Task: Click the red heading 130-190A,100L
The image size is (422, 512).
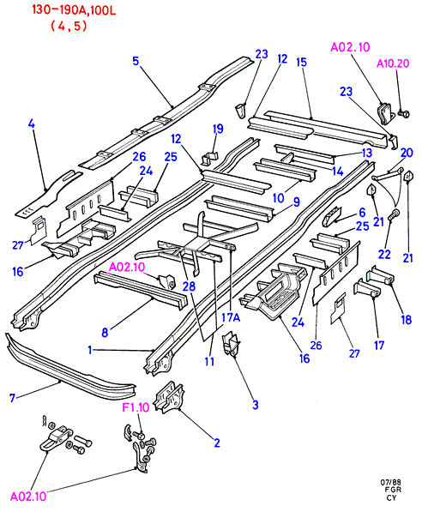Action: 74,10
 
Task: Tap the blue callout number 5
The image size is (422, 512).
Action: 136,61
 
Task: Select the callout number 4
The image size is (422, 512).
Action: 32,124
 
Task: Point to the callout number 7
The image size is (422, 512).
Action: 12,398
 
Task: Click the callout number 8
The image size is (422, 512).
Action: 105,333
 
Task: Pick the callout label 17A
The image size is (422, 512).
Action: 231,317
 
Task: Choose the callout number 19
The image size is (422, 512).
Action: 218,129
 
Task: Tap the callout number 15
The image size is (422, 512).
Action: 301,63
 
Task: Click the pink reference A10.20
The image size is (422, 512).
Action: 393,63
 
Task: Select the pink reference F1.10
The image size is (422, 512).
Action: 136,407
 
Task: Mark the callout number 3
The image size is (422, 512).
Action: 255,405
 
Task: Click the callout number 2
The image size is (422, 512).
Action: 217,443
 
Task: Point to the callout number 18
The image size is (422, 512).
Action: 406,320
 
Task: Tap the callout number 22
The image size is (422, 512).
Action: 384,255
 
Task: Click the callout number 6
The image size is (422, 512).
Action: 362,213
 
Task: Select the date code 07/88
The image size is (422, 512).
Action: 390,482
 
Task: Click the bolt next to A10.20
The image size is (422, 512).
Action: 404,113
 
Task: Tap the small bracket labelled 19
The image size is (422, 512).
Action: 209,158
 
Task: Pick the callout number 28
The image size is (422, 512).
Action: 189,286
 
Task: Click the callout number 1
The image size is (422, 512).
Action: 90,350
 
